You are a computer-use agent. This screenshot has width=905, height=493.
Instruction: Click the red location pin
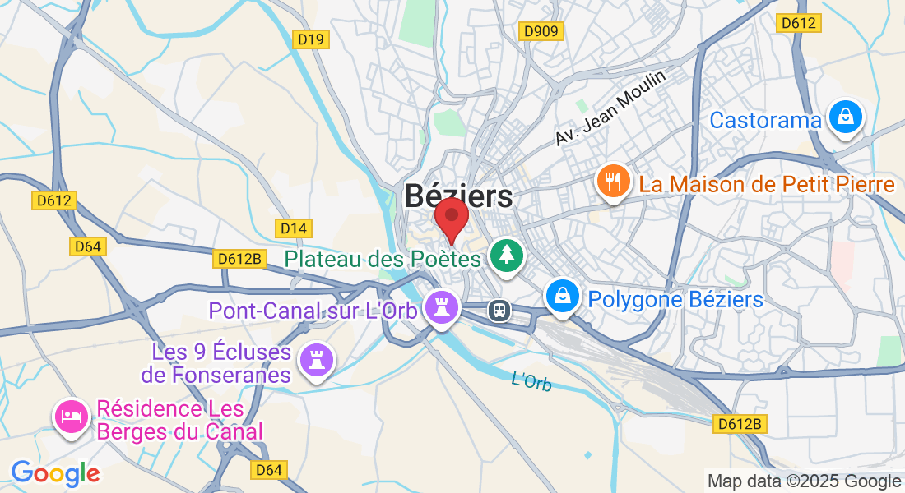(x=451, y=217)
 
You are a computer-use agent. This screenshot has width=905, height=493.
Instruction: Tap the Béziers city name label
(x=458, y=196)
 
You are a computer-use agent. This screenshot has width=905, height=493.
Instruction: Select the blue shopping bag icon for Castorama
(x=845, y=117)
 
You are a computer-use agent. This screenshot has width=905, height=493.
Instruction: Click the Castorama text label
(x=765, y=121)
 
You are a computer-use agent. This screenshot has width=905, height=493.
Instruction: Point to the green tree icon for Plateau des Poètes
(x=507, y=255)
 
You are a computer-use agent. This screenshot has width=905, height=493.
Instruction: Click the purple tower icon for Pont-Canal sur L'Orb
(x=442, y=308)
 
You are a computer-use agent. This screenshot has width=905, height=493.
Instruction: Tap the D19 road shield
(x=312, y=39)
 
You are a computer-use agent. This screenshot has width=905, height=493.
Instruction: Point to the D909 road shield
(x=541, y=31)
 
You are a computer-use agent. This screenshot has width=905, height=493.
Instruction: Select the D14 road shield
(x=292, y=227)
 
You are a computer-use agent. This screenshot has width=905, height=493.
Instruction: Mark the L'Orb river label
(x=531, y=381)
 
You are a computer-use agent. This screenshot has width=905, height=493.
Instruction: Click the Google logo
(x=55, y=473)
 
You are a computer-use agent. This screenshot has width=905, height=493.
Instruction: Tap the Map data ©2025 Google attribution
(x=804, y=481)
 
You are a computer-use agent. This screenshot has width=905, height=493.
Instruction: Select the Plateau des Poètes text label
(x=383, y=259)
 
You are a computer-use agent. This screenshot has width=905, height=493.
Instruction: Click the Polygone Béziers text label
(x=675, y=299)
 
